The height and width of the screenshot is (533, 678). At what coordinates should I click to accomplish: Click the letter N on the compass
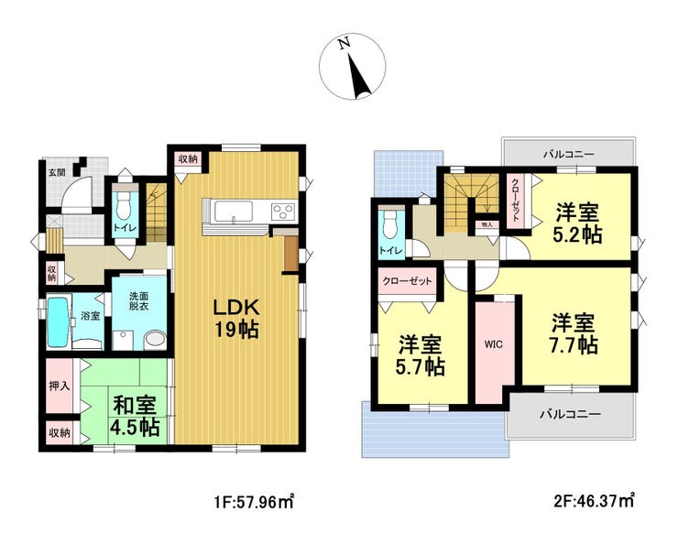point(344,44)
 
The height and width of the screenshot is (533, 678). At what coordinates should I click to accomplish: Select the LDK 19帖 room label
point(237,319)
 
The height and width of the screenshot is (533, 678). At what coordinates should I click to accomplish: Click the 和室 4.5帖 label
point(135,417)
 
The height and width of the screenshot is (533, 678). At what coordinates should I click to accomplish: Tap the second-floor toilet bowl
point(390,223)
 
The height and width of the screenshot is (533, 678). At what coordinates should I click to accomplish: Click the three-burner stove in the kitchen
point(283,212)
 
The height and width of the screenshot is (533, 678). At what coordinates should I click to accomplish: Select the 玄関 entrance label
point(57,172)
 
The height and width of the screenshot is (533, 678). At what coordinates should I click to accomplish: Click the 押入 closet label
point(60,386)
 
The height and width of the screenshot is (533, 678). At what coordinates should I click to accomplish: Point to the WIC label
point(493,344)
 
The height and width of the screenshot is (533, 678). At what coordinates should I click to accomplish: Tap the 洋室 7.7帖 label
point(574,333)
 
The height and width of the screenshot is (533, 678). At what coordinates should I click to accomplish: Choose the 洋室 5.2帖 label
point(578,224)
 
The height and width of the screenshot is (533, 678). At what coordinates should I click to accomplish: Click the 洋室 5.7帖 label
point(421,355)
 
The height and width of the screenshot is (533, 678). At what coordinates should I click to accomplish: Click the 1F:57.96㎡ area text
point(255,502)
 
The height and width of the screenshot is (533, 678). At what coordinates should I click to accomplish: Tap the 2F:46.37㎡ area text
point(594,502)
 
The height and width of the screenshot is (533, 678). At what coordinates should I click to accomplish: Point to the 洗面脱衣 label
point(138,301)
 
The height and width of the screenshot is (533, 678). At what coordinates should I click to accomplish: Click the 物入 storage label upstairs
point(486,224)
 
